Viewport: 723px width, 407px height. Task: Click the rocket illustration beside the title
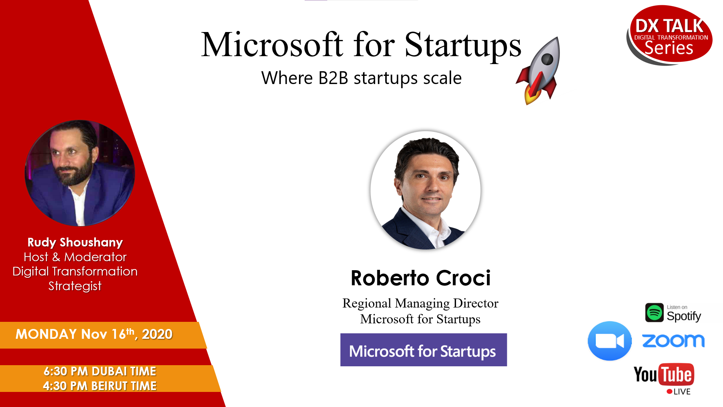coord(538,70)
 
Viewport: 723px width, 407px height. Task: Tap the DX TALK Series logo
coord(670,35)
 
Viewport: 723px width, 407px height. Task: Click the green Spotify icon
coord(654,313)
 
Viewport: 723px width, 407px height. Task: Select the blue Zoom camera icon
coord(610,341)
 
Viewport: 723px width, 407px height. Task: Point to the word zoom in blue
coord(673,341)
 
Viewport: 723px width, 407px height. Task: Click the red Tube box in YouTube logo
coord(676,374)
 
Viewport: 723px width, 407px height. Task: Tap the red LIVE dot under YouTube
coord(669,392)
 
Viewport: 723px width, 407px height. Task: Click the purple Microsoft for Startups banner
coord(424,350)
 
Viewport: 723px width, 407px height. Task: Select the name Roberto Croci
coord(421,278)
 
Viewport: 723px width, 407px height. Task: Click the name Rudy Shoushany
coord(75,242)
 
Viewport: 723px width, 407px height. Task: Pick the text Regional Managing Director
coord(420,303)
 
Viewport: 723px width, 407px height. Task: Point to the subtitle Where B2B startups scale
coord(361,78)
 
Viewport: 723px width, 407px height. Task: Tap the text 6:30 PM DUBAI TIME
coord(100,371)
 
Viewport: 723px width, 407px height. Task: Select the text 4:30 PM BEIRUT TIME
coord(100,386)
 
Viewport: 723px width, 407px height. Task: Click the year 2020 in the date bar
coord(157,334)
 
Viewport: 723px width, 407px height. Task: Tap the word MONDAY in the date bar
coord(46,334)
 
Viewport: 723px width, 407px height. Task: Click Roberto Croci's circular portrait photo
coord(426,190)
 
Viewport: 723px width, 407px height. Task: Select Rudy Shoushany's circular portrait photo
coord(80,173)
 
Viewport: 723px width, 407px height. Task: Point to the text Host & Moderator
coord(75,257)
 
